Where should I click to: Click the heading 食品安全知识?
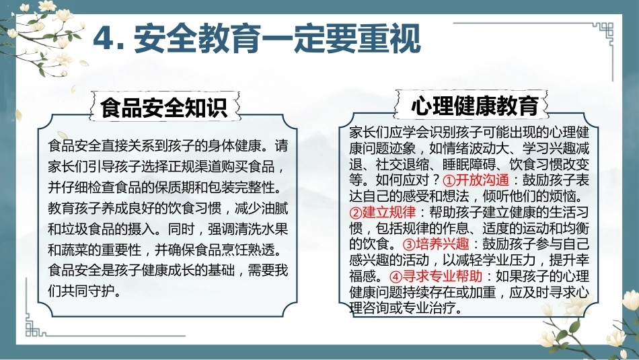164,107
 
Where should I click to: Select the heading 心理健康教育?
475,105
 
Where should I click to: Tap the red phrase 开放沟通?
482,180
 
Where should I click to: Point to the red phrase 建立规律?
389,212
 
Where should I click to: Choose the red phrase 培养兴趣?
443,244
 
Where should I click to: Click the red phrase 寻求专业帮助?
443,276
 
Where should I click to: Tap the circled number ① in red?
449,180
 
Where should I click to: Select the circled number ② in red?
356,213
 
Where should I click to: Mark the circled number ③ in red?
409,244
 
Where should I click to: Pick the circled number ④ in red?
396,277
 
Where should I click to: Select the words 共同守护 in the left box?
88,291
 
